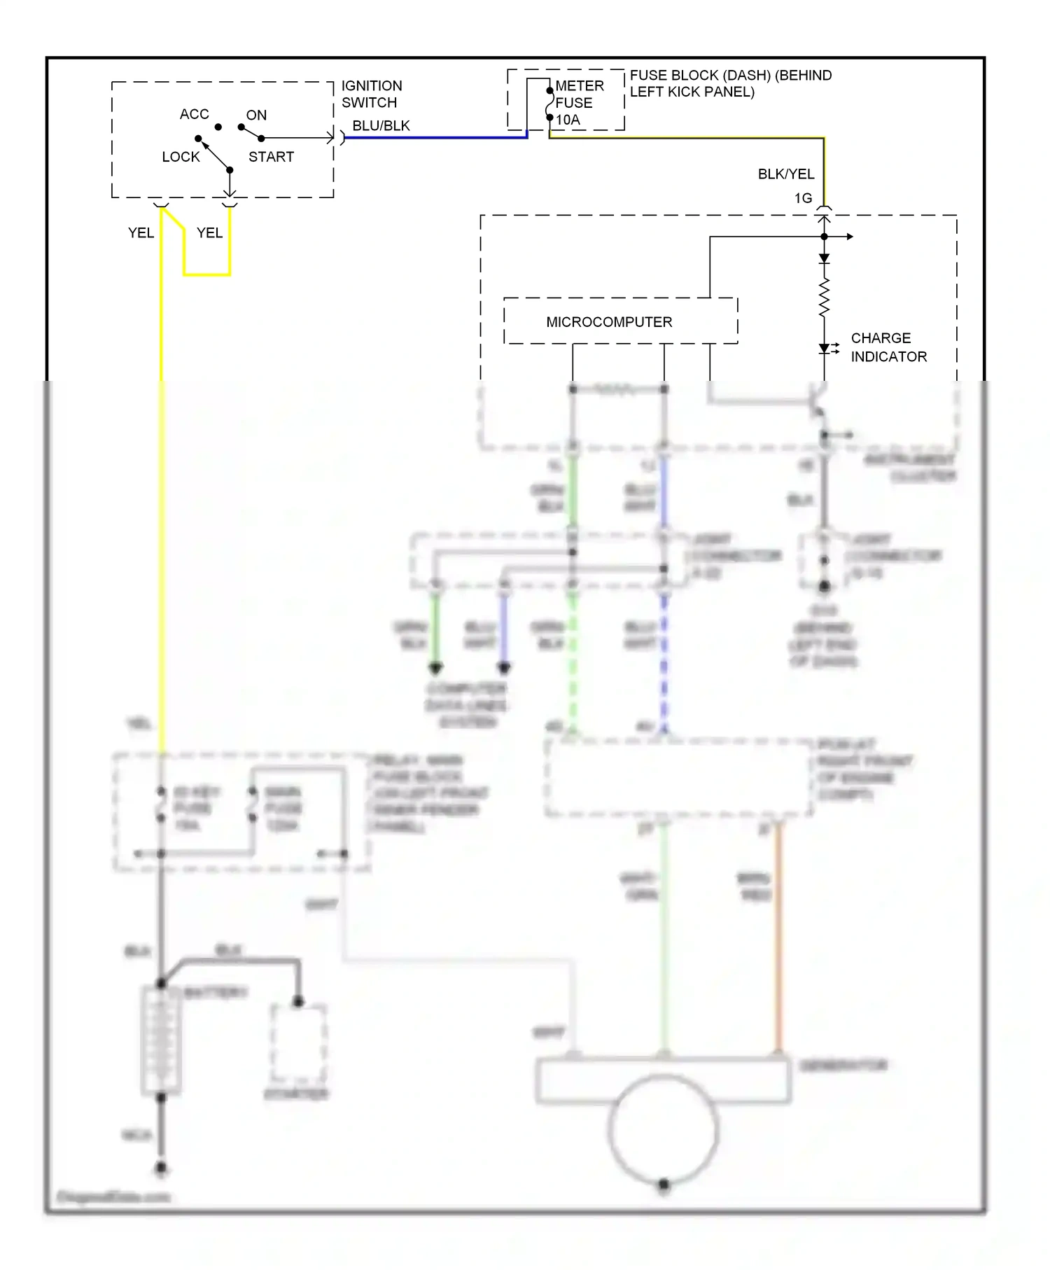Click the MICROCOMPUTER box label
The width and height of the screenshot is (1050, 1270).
click(608, 322)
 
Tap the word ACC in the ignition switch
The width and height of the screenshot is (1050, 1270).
click(194, 114)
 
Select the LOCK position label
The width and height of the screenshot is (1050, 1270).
click(181, 157)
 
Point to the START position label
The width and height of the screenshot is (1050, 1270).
click(271, 157)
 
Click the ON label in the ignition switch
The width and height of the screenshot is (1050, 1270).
click(256, 115)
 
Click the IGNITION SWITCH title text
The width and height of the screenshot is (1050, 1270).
click(371, 94)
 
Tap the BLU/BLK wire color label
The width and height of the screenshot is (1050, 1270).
click(381, 126)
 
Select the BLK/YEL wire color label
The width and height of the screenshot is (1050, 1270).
click(785, 174)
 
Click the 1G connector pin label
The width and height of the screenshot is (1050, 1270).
click(803, 198)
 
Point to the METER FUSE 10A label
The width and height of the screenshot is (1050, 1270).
click(578, 103)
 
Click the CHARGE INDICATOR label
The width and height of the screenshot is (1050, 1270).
click(888, 347)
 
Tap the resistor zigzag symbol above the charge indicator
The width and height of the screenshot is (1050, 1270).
click(824, 298)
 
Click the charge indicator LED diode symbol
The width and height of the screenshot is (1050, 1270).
click(825, 348)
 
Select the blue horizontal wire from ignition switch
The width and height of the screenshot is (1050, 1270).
click(434, 138)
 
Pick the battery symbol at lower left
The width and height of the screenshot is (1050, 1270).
click(161, 1040)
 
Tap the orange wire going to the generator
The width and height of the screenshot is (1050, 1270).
click(778, 938)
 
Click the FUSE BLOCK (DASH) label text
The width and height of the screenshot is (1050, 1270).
click(730, 83)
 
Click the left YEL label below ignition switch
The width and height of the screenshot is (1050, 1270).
click(141, 233)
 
